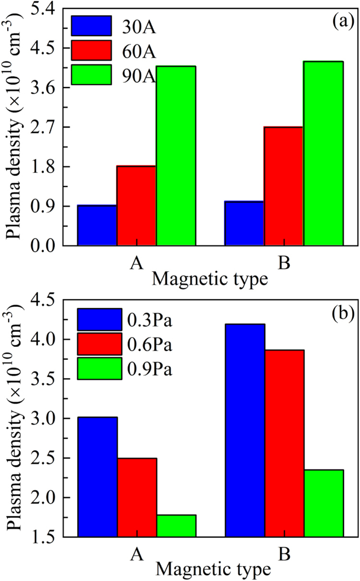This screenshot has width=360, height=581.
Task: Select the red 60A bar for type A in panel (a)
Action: pos(136,206)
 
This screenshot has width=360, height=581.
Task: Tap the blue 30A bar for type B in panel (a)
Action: pos(244,223)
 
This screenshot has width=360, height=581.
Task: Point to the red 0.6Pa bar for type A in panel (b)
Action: pos(137,497)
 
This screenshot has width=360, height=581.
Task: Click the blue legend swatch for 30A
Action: pos(91,26)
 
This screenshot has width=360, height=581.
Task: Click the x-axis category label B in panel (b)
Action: pos(283,554)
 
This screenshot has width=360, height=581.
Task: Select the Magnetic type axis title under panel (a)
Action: pos(211,279)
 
